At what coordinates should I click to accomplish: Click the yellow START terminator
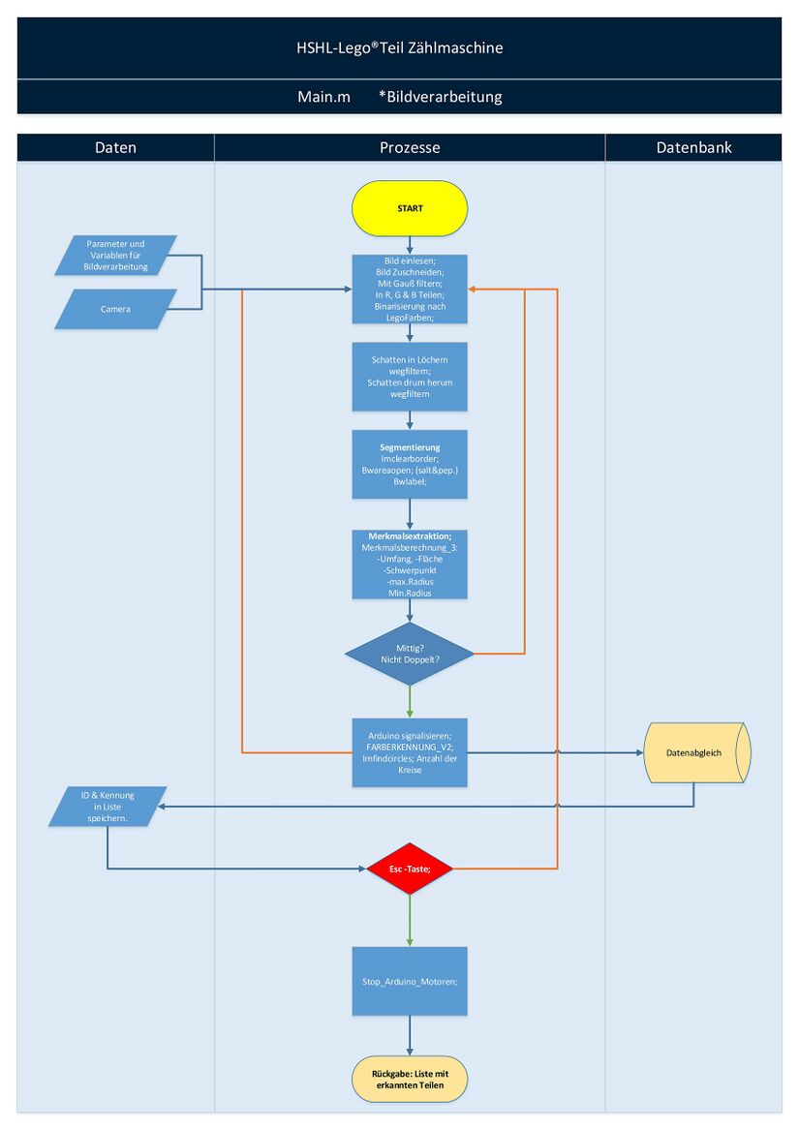point(410,208)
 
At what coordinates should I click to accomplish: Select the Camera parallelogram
point(116,309)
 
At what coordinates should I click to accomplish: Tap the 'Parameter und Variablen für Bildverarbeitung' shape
point(116,256)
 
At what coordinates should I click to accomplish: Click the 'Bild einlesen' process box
point(410,289)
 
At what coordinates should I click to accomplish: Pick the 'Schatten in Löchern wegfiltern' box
point(410,377)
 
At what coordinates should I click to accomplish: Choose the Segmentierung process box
point(410,465)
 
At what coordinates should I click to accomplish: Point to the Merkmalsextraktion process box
point(410,564)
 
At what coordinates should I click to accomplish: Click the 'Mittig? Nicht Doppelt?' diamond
point(410,654)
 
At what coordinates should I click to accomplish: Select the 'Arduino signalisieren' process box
point(410,752)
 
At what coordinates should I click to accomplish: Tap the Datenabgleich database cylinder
point(694,752)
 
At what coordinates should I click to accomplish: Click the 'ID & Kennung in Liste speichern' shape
point(108,807)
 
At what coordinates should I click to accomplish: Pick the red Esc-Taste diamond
point(410,870)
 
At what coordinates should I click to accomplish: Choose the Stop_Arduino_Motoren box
point(410,981)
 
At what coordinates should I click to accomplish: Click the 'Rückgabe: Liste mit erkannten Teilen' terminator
point(410,1080)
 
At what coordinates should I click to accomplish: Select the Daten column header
point(115,148)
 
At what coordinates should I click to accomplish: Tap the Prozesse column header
point(410,148)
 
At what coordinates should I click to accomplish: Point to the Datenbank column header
point(693,148)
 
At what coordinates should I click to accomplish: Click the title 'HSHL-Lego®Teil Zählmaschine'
point(399,47)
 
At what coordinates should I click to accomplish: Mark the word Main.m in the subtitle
point(323,97)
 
